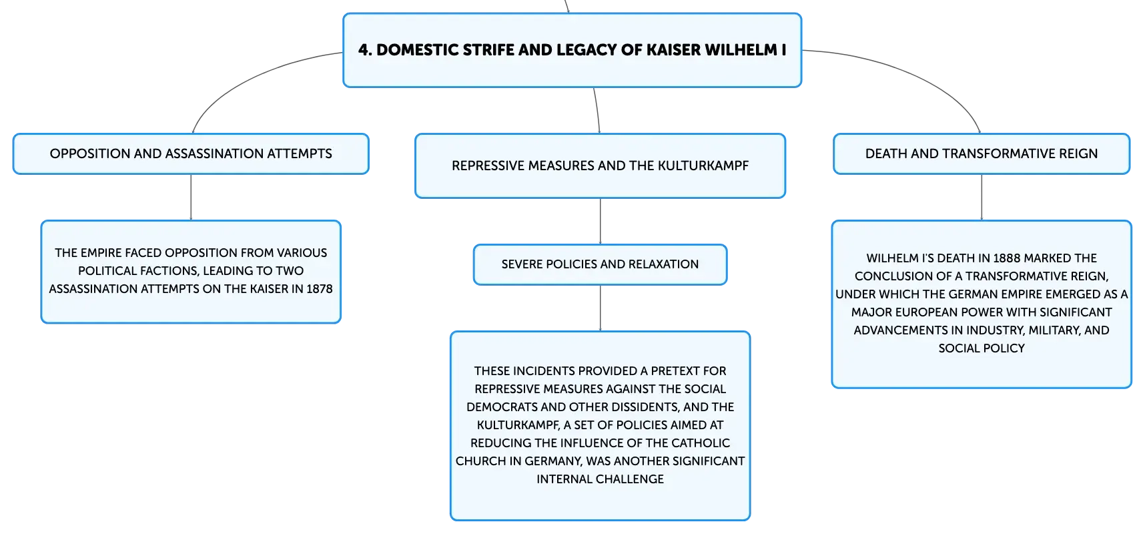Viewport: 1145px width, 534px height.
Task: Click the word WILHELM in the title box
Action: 741,50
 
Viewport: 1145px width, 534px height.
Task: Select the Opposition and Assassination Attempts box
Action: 191,154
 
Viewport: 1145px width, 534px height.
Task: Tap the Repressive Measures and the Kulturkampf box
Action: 600,166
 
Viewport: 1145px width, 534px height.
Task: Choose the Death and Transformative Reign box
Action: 982,154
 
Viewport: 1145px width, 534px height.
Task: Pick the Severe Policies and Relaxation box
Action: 600,264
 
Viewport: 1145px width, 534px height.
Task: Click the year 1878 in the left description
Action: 320,289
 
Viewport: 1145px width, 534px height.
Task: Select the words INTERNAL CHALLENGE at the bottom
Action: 600,479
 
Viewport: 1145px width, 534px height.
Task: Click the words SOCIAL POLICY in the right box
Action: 982,348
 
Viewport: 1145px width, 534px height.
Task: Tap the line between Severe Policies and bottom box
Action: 601,308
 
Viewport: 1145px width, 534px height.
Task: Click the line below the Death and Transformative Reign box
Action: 982,198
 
